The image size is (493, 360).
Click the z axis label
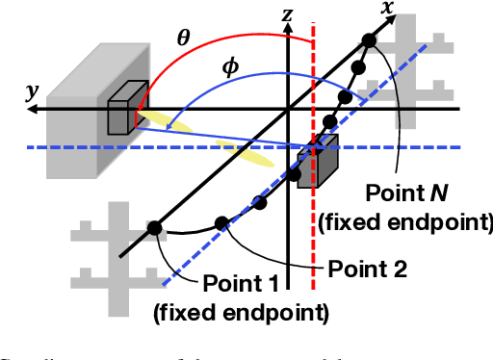click(x=285, y=14)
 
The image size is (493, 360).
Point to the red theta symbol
click(x=183, y=38)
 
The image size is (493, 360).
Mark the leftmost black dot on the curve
click(x=153, y=228)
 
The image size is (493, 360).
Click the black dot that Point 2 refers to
click(x=221, y=223)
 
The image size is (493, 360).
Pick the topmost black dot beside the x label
click(x=369, y=40)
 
